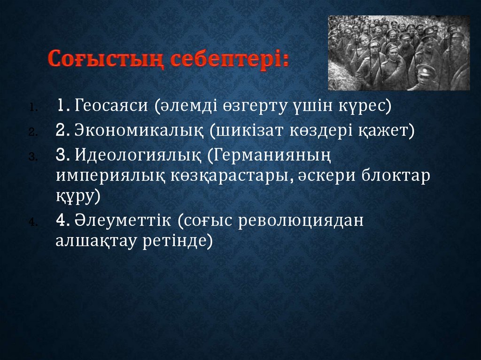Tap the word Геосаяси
[111, 106]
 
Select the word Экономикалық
[139, 130]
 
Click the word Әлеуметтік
[123, 220]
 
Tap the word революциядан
[301, 220]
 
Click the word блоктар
[396, 176]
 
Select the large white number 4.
[61, 220]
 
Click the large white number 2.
[60, 130]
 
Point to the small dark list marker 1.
[33, 107]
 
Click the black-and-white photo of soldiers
[399, 53]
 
